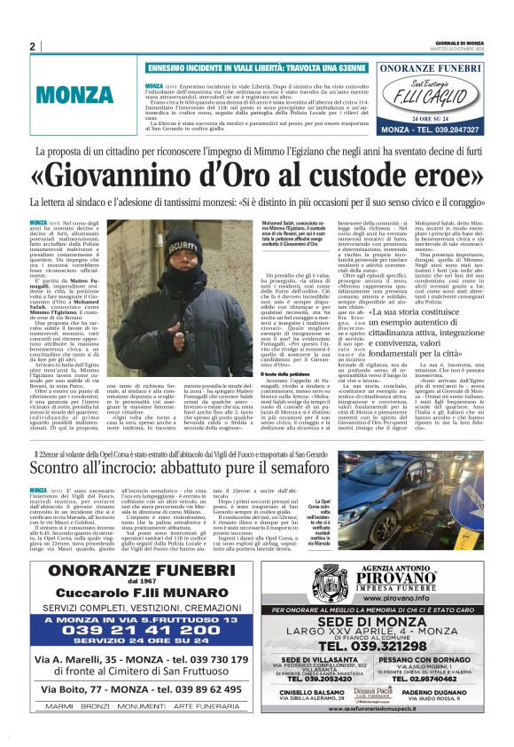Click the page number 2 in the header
[x=32, y=46]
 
